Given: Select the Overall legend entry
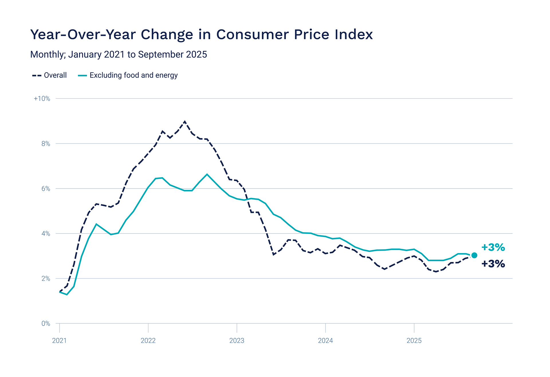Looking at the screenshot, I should [50, 75].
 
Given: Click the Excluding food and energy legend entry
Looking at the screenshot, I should [128, 75].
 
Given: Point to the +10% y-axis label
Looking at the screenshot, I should [42, 99].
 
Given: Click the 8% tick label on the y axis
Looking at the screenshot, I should [46, 144].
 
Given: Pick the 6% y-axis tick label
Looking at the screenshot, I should [46, 189].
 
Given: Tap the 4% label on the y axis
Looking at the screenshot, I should [46, 234].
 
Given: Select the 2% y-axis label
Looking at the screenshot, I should [46, 279].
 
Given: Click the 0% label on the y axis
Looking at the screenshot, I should [46, 324].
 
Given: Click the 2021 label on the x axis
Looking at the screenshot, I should [59, 341].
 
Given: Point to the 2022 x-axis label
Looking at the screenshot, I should [148, 341].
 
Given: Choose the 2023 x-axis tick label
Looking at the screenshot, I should [237, 341].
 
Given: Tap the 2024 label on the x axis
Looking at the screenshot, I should [325, 341].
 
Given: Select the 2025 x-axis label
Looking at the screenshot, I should [414, 341].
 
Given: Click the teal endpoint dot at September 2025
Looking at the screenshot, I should [474, 255].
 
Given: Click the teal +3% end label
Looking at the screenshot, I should [493, 247].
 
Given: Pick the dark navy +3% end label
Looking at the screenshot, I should [493, 264].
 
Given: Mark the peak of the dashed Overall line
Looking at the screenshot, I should [184, 122].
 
